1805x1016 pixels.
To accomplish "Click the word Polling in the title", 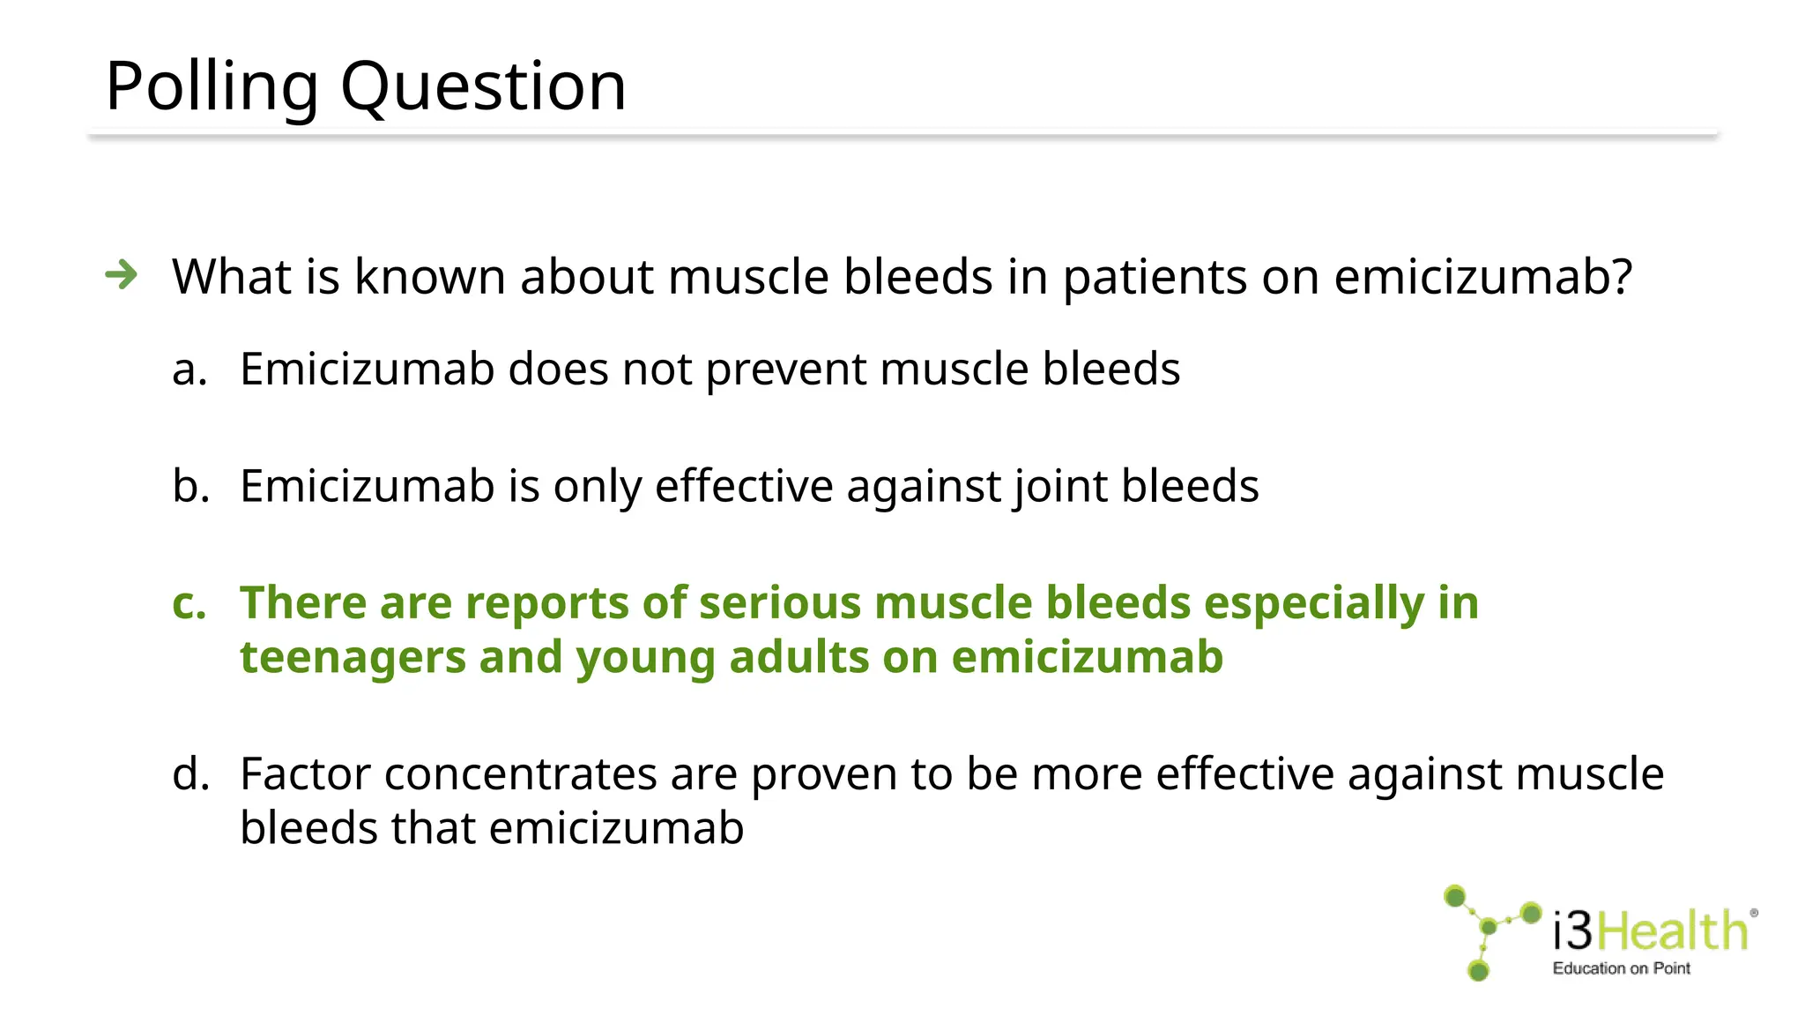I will [x=212, y=86].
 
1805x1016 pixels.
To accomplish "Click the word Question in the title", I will [x=483, y=86].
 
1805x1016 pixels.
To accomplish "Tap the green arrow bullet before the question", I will [x=122, y=275].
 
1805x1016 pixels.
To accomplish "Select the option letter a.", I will [x=189, y=370].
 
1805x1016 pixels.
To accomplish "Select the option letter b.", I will [x=190, y=486].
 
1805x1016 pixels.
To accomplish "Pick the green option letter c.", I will [x=189, y=604].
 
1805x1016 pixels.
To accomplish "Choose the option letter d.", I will [x=190, y=774].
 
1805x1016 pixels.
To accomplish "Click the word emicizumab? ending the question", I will [x=1483, y=277].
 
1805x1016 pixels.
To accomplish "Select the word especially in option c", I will [x=1313, y=603].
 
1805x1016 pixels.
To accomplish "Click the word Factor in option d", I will [x=305, y=774].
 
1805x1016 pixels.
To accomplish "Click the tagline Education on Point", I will [x=1621, y=968].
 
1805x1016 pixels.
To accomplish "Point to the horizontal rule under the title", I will [x=902, y=135].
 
